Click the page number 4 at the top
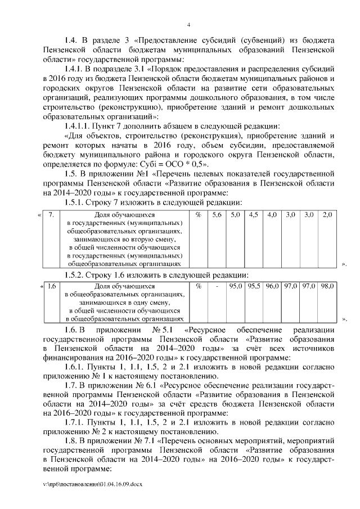[x=188, y=25]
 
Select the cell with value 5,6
[x=217, y=215]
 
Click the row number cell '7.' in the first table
[x=51, y=215]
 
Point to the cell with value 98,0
[x=327, y=286]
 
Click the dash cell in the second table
[x=217, y=286]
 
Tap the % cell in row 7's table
[x=198, y=215]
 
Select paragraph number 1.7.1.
[x=76, y=422]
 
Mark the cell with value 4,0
[x=272, y=215]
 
